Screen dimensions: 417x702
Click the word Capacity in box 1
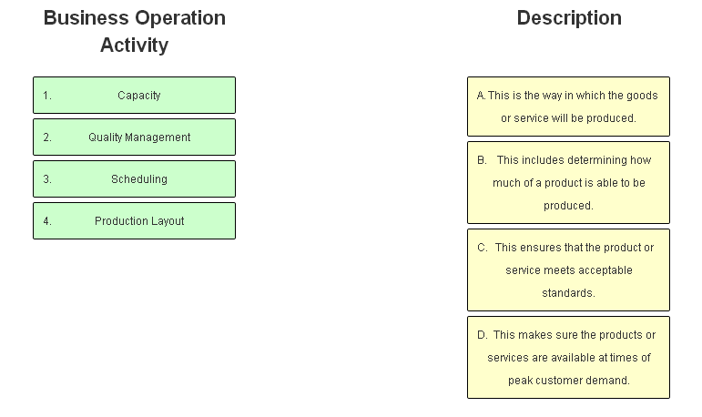pos(139,96)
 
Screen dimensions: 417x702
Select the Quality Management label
pos(139,137)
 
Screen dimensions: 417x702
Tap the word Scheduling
pos(139,179)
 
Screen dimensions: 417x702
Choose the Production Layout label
pos(139,221)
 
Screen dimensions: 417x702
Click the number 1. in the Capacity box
pos(47,96)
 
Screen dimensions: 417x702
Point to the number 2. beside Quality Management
pos(47,137)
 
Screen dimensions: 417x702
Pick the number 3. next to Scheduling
pos(47,179)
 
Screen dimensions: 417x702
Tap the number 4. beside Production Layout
pos(47,221)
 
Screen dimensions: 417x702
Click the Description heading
pos(569,18)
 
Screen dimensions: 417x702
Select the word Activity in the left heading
pos(134,46)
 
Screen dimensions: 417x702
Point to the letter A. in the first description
pos(481,96)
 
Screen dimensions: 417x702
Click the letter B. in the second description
pos(482,160)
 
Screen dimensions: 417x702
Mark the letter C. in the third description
pos(482,248)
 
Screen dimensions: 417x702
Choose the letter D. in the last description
pos(482,335)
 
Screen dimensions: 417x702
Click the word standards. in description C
pos(569,293)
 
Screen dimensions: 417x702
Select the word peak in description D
pos(520,381)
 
